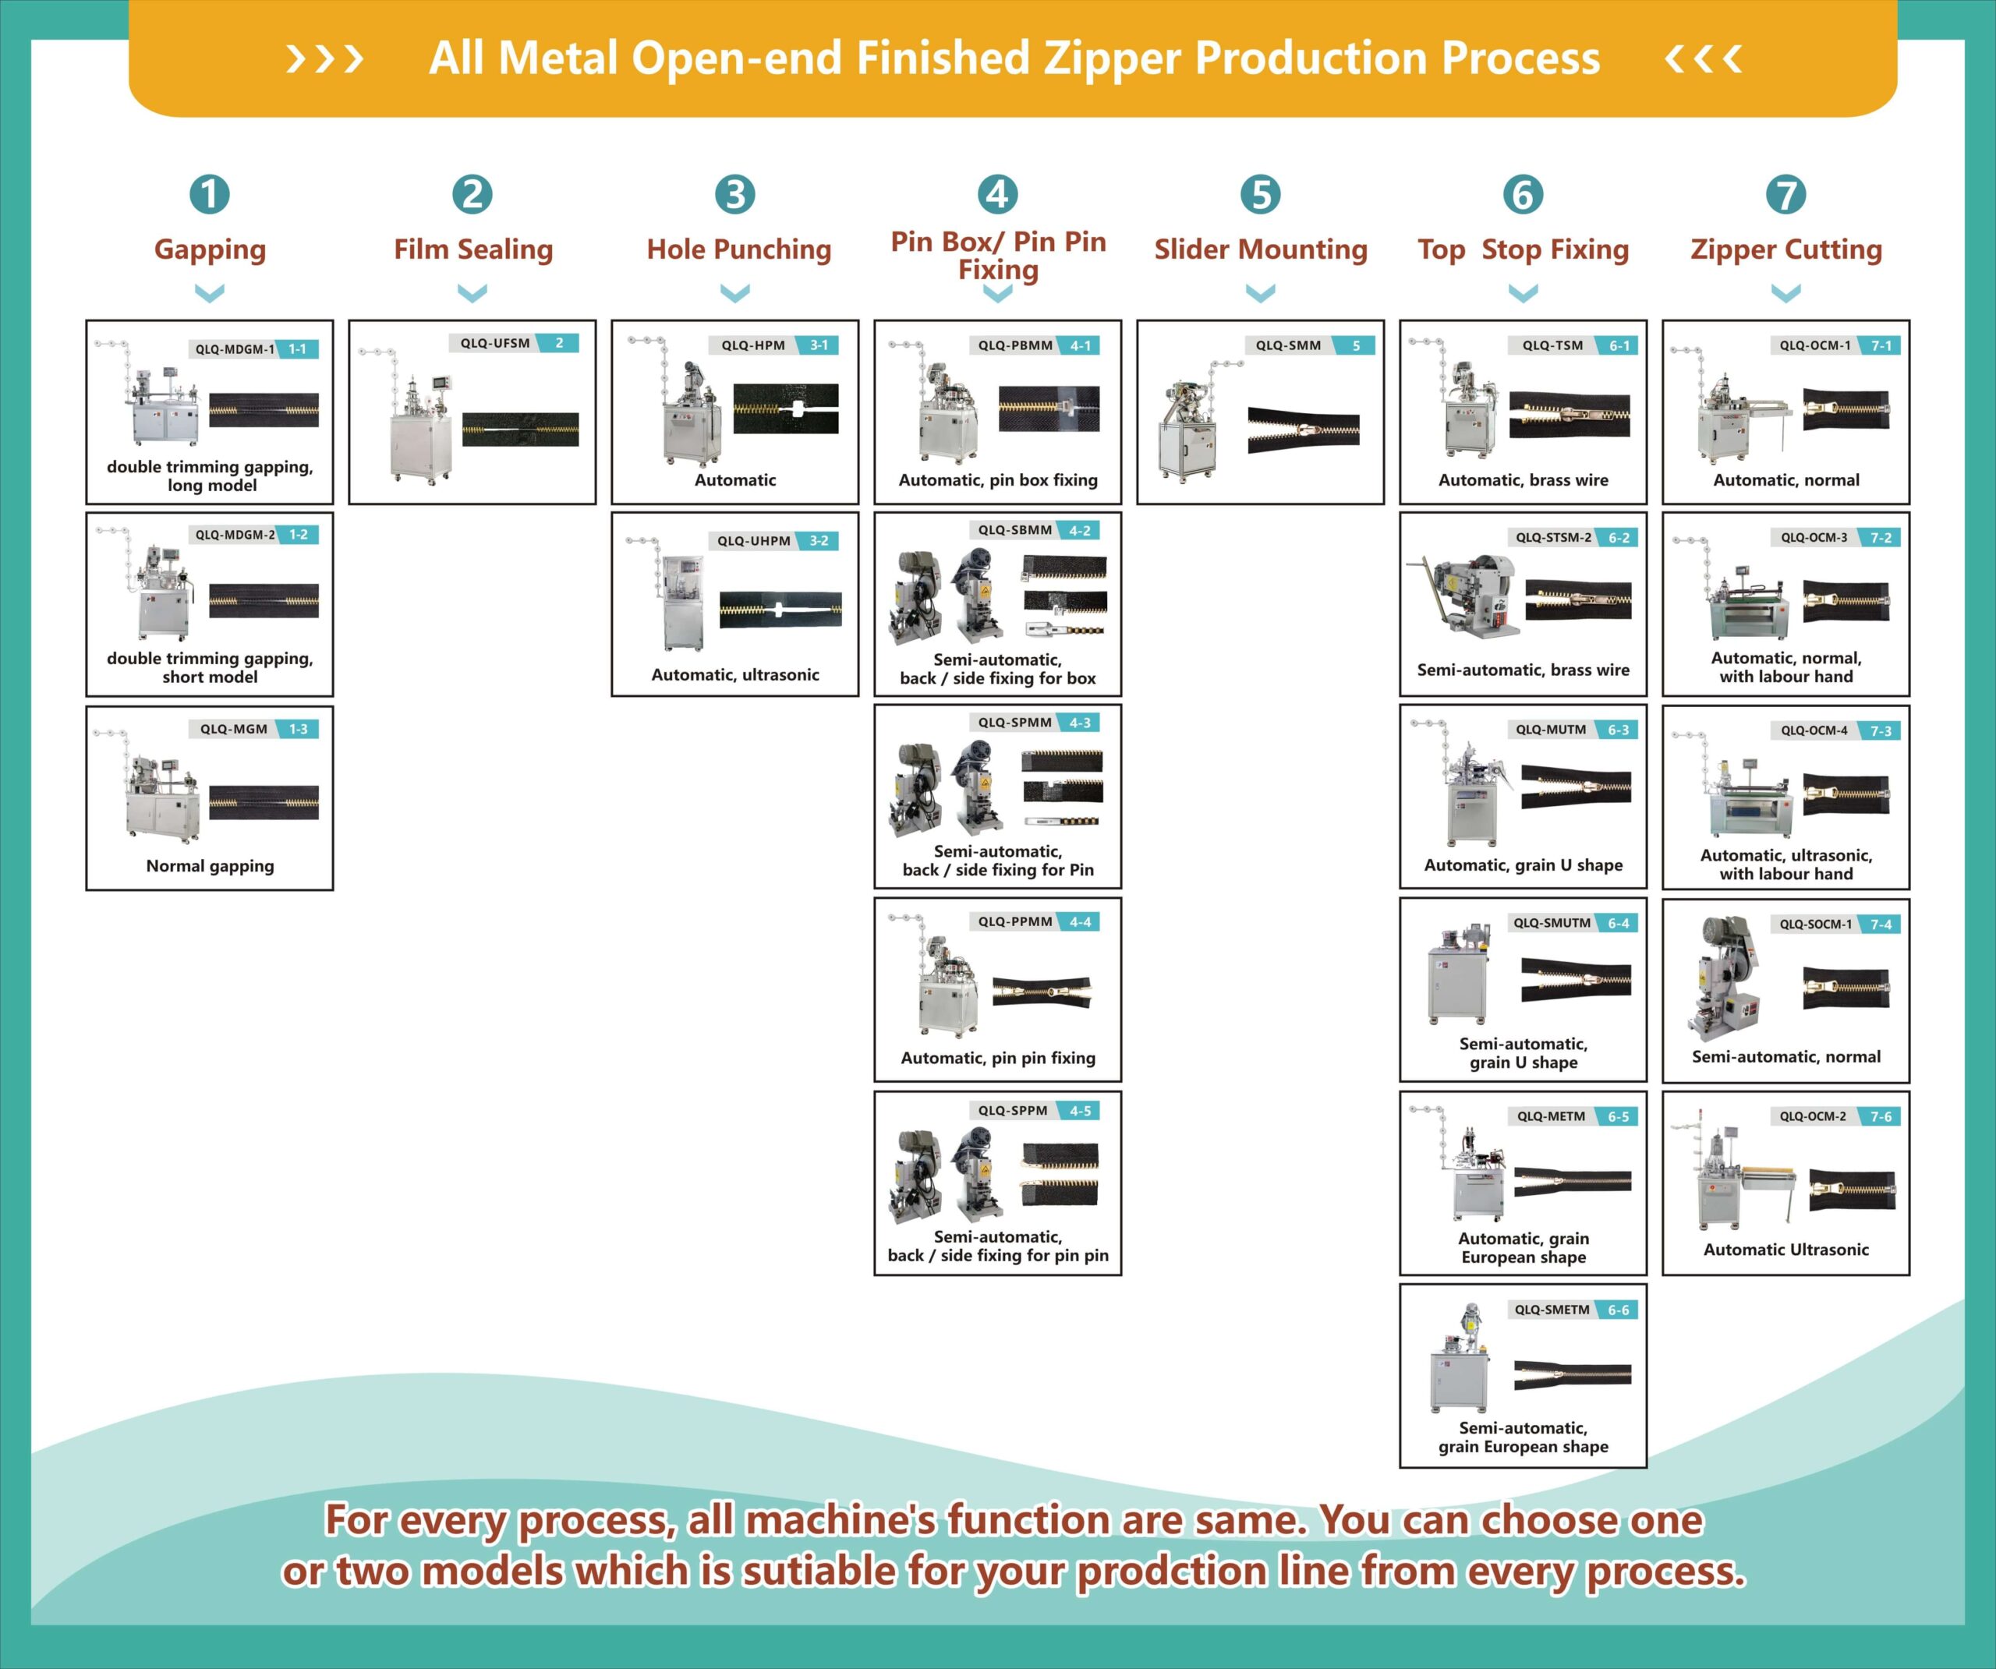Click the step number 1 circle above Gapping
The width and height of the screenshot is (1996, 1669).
209,195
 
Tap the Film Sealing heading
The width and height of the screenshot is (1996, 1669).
473,249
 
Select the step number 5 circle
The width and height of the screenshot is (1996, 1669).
1260,195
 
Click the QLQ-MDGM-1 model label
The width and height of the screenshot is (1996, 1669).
235,348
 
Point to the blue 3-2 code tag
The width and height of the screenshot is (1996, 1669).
819,541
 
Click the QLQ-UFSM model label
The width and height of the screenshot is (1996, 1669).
495,343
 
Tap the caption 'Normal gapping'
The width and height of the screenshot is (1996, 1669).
210,866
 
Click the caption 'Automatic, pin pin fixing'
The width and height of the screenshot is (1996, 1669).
998,1058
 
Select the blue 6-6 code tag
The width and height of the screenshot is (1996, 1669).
1618,1310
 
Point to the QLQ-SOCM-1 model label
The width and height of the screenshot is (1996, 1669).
1815,924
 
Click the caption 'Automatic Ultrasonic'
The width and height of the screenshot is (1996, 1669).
1786,1250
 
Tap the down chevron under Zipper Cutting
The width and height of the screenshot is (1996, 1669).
1786,293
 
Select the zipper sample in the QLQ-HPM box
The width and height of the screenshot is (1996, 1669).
786,408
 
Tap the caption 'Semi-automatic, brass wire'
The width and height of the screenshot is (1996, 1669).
1523,670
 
